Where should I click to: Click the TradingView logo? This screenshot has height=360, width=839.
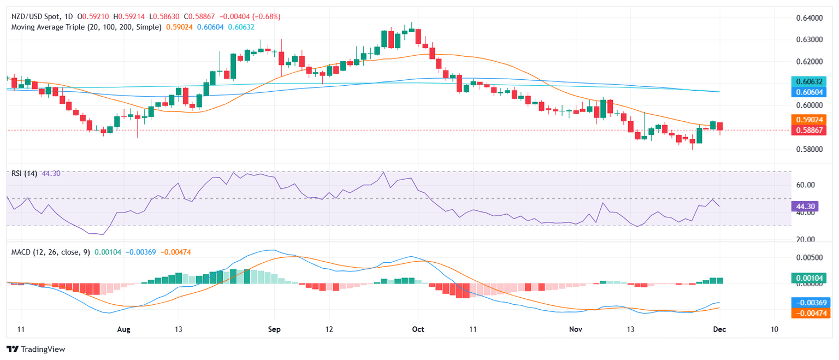click(36, 349)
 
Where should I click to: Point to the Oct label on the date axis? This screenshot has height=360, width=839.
click(418, 329)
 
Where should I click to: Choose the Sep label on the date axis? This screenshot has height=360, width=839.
click(275, 329)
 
